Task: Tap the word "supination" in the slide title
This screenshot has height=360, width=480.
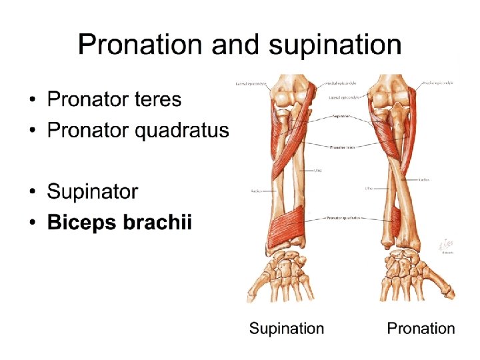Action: coord(335,45)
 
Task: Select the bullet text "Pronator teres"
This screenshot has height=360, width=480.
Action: coord(114,100)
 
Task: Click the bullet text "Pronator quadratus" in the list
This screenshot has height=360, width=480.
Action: coord(138,130)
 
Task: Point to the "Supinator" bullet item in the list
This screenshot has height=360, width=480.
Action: coord(93,192)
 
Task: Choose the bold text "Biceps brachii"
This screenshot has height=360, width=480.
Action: coord(119,223)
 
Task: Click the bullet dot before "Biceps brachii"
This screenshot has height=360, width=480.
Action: coord(33,223)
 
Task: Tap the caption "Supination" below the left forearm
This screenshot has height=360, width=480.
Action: coord(287,329)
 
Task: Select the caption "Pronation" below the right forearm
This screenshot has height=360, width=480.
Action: coord(421,329)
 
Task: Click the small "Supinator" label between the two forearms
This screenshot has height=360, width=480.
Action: coord(341,115)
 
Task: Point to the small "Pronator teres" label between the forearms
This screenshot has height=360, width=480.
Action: coord(341,147)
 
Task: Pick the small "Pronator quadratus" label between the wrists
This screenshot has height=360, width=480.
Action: coord(343,218)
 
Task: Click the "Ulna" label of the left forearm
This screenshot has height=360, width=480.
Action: coord(319,171)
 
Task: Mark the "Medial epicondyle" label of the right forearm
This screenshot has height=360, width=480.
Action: coord(438,83)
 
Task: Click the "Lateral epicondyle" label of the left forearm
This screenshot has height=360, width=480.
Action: coord(251,84)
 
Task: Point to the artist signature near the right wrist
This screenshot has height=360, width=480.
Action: coord(445,247)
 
